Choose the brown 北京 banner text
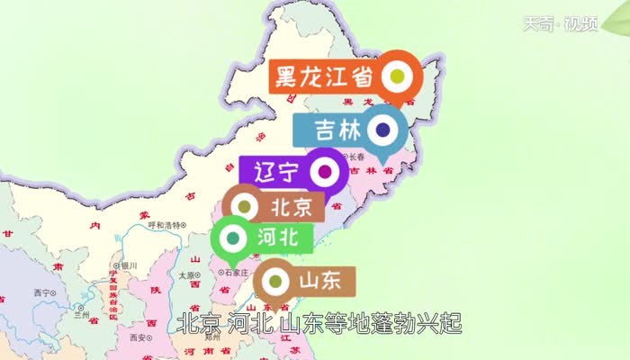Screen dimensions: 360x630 (x=291, y=207)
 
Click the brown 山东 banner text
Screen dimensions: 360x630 (x=319, y=281)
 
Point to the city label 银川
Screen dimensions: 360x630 (x=128, y=265)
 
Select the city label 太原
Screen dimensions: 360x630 (x=187, y=276)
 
